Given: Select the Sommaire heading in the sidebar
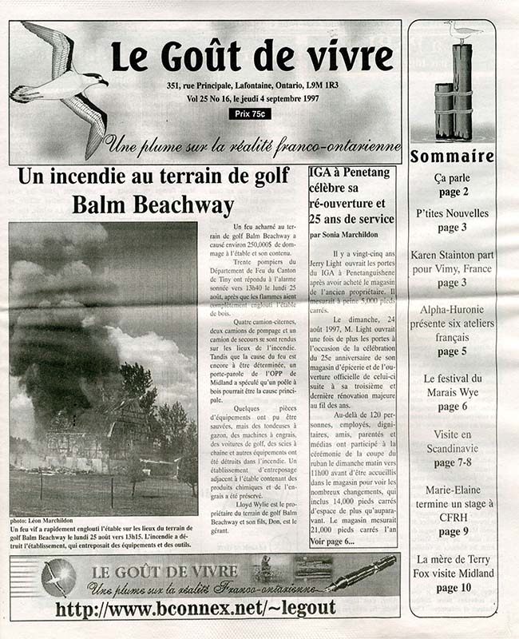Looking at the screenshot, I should [452, 157].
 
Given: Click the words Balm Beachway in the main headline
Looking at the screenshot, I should [153, 204].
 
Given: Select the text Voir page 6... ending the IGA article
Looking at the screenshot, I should [333, 542].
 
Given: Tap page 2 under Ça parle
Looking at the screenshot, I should [453, 192].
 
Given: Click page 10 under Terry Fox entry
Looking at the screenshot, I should [452, 588].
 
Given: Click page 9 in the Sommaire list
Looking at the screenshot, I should [452, 531].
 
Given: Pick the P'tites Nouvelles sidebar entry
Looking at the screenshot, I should [452, 213].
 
